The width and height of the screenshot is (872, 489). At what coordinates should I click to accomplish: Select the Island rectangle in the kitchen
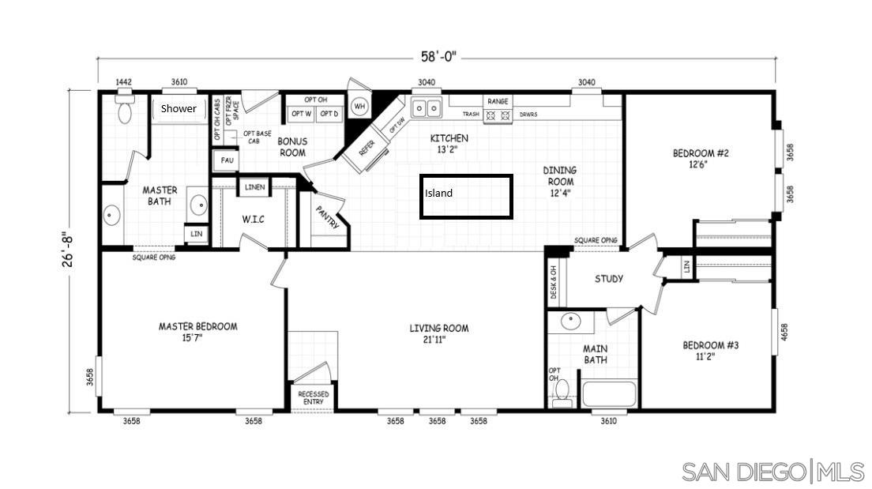pyautogui.click(x=466, y=197)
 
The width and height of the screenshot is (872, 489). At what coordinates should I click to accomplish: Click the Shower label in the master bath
pyautogui.click(x=179, y=109)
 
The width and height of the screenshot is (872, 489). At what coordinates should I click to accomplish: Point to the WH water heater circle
pyautogui.click(x=359, y=106)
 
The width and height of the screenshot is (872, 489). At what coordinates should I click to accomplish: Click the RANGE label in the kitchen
pyautogui.click(x=498, y=101)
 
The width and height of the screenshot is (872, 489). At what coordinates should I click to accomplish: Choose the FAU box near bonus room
pyautogui.click(x=227, y=160)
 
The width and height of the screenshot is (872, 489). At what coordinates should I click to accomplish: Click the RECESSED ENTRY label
pyautogui.click(x=313, y=398)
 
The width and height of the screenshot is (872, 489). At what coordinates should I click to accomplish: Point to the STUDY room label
pyautogui.click(x=609, y=279)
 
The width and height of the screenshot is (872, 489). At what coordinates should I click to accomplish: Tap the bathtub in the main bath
pyautogui.click(x=608, y=393)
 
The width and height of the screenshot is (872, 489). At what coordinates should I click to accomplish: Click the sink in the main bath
pyautogui.click(x=570, y=322)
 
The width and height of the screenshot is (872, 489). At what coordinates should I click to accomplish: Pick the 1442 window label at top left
pyautogui.click(x=123, y=82)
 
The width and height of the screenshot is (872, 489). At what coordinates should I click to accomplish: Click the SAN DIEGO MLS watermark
pyautogui.click(x=773, y=472)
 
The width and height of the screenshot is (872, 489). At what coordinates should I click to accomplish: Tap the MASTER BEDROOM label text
pyautogui.click(x=197, y=326)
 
